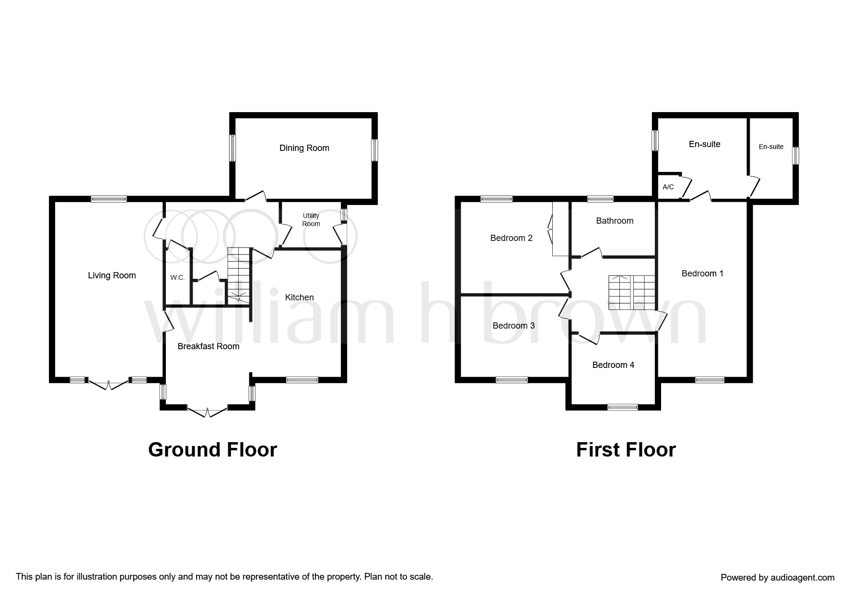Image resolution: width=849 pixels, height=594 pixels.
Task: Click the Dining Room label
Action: [304, 148]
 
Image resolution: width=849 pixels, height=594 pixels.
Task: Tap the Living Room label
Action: [112, 275]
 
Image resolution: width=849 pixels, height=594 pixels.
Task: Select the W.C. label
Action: [177, 277]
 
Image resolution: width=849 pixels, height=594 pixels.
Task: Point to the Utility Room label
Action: [311, 220]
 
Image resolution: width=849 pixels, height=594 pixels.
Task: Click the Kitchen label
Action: [300, 297]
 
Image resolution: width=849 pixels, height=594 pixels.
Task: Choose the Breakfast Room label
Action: [209, 346]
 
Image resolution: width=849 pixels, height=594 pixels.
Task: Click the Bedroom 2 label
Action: [512, 238]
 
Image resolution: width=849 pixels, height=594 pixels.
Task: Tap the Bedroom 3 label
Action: [514, 326]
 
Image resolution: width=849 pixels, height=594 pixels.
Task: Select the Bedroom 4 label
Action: [613, 365]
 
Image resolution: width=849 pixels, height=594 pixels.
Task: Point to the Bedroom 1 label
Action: [702, 274]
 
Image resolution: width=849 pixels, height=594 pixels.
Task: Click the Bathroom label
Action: [615, 221]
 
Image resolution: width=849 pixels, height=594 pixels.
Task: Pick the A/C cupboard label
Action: [668, 187]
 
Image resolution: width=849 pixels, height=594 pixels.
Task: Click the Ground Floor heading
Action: [213, 450]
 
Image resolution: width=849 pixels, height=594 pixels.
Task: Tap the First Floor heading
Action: [626, 450]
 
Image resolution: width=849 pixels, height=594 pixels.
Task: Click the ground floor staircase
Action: [239, 275]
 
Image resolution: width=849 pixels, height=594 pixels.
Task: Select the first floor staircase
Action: [632, 292]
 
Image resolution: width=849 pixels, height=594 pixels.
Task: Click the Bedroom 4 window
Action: [623, 407]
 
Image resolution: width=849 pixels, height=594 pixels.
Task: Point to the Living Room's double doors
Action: [109, 383]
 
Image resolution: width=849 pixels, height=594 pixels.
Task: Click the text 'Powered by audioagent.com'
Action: [778, 578]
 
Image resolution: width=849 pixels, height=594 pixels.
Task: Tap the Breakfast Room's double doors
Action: [207, 411]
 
